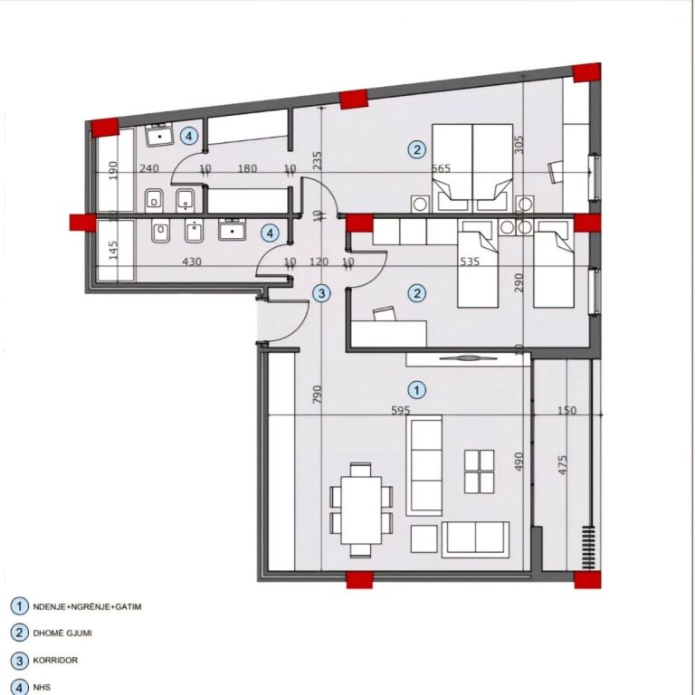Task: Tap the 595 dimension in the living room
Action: coord(400,411)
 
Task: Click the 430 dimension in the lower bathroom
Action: coord(192,262)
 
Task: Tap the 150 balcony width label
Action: coord(566,411)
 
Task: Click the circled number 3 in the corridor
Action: coord(320,292)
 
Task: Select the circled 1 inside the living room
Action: coord(415,390)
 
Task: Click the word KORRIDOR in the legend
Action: coord(57,661)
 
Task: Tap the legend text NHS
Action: coord(42,688)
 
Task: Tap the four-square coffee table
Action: coord(479,471)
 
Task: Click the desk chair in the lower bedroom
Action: coord(384,314)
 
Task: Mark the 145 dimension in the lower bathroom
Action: coord(113,250)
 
